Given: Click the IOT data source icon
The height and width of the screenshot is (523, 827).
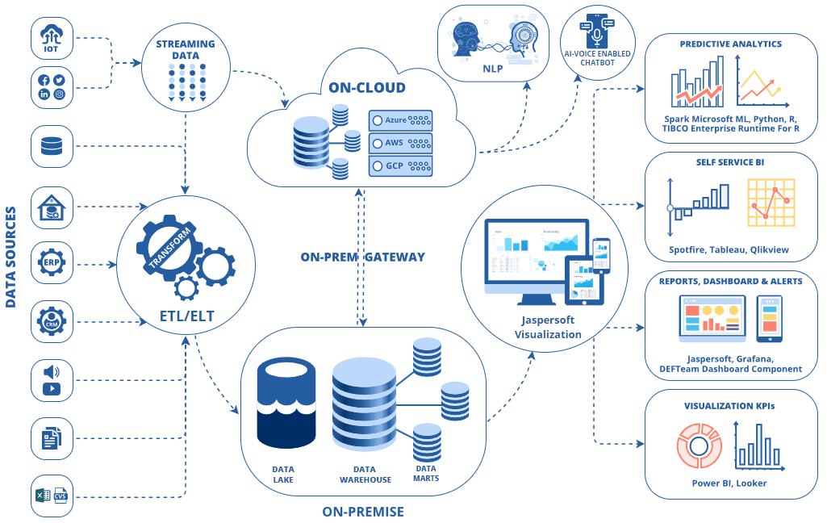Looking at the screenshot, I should tap(51, 39).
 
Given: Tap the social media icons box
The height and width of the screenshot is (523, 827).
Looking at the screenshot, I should tap(51, 87).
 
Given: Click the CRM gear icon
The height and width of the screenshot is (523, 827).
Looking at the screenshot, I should tap(51, 322).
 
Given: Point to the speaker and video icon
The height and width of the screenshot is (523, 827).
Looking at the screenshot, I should tap(51, 380).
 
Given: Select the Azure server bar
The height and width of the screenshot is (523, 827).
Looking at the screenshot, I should tap(400, 120).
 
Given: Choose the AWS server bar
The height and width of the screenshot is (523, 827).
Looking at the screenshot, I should tap(400, 144).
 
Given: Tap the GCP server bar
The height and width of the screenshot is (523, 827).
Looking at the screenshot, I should tap(400, 166).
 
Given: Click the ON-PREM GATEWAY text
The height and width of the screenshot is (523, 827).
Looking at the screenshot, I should tap(362, 257).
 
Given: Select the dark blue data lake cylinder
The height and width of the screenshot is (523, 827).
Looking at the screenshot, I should tap(285, 404).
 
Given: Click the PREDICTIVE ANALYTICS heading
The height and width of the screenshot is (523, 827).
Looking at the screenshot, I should tap(730, 44).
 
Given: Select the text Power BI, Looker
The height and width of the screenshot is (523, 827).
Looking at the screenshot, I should tap(729, 483).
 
